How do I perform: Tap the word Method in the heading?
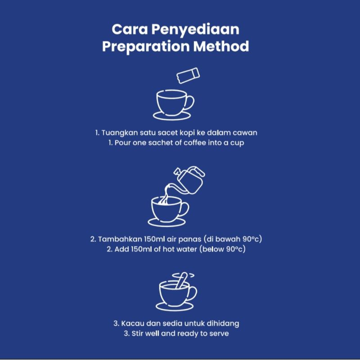pos(221,46)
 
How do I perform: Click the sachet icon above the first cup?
pos(188,75)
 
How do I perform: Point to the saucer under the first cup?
pos(172,116)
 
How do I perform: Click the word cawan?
pos(245,133)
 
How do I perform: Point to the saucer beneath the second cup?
pos(166,222)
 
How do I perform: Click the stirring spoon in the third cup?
pos(181,280)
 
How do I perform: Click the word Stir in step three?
pos(137,333)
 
